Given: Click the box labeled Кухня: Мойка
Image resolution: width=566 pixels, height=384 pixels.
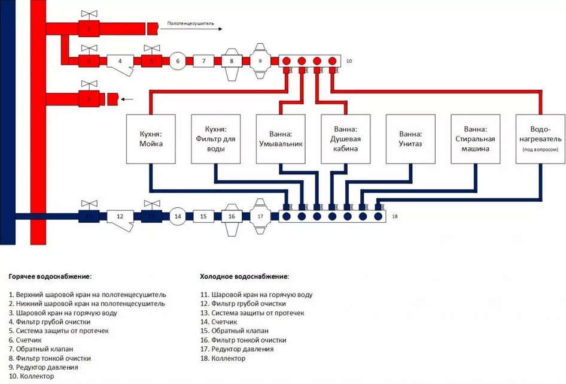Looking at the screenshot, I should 151,139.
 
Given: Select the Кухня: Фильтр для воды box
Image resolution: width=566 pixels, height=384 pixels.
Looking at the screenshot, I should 215,139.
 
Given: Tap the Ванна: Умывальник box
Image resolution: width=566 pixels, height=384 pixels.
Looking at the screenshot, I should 281,139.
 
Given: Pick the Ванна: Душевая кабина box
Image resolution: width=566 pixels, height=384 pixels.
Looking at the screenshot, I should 345,139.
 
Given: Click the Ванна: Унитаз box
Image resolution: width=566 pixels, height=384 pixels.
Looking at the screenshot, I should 410,139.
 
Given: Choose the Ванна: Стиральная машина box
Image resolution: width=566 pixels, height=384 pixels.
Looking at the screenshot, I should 475,139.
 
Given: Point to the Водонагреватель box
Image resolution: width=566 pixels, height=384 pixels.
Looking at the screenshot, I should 540,139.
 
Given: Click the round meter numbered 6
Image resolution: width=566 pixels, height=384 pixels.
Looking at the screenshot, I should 177,61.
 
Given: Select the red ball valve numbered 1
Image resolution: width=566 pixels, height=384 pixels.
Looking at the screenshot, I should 89,28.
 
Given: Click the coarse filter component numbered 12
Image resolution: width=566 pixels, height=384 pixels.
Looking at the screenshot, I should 120,217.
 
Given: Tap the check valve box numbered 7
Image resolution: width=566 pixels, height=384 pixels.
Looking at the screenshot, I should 203,61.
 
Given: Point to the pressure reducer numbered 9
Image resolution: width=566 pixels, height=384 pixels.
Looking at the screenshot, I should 260,61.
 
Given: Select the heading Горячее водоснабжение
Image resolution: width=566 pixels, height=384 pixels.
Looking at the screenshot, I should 50,277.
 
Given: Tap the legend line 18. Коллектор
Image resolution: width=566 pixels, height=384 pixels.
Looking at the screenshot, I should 223,358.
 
